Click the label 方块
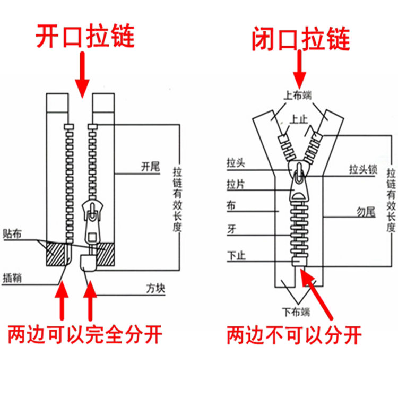click(156, 289)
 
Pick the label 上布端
click(297, 96)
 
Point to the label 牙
click(231, 229)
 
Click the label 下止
click(235, 254)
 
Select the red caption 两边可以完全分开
click(85, 335)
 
